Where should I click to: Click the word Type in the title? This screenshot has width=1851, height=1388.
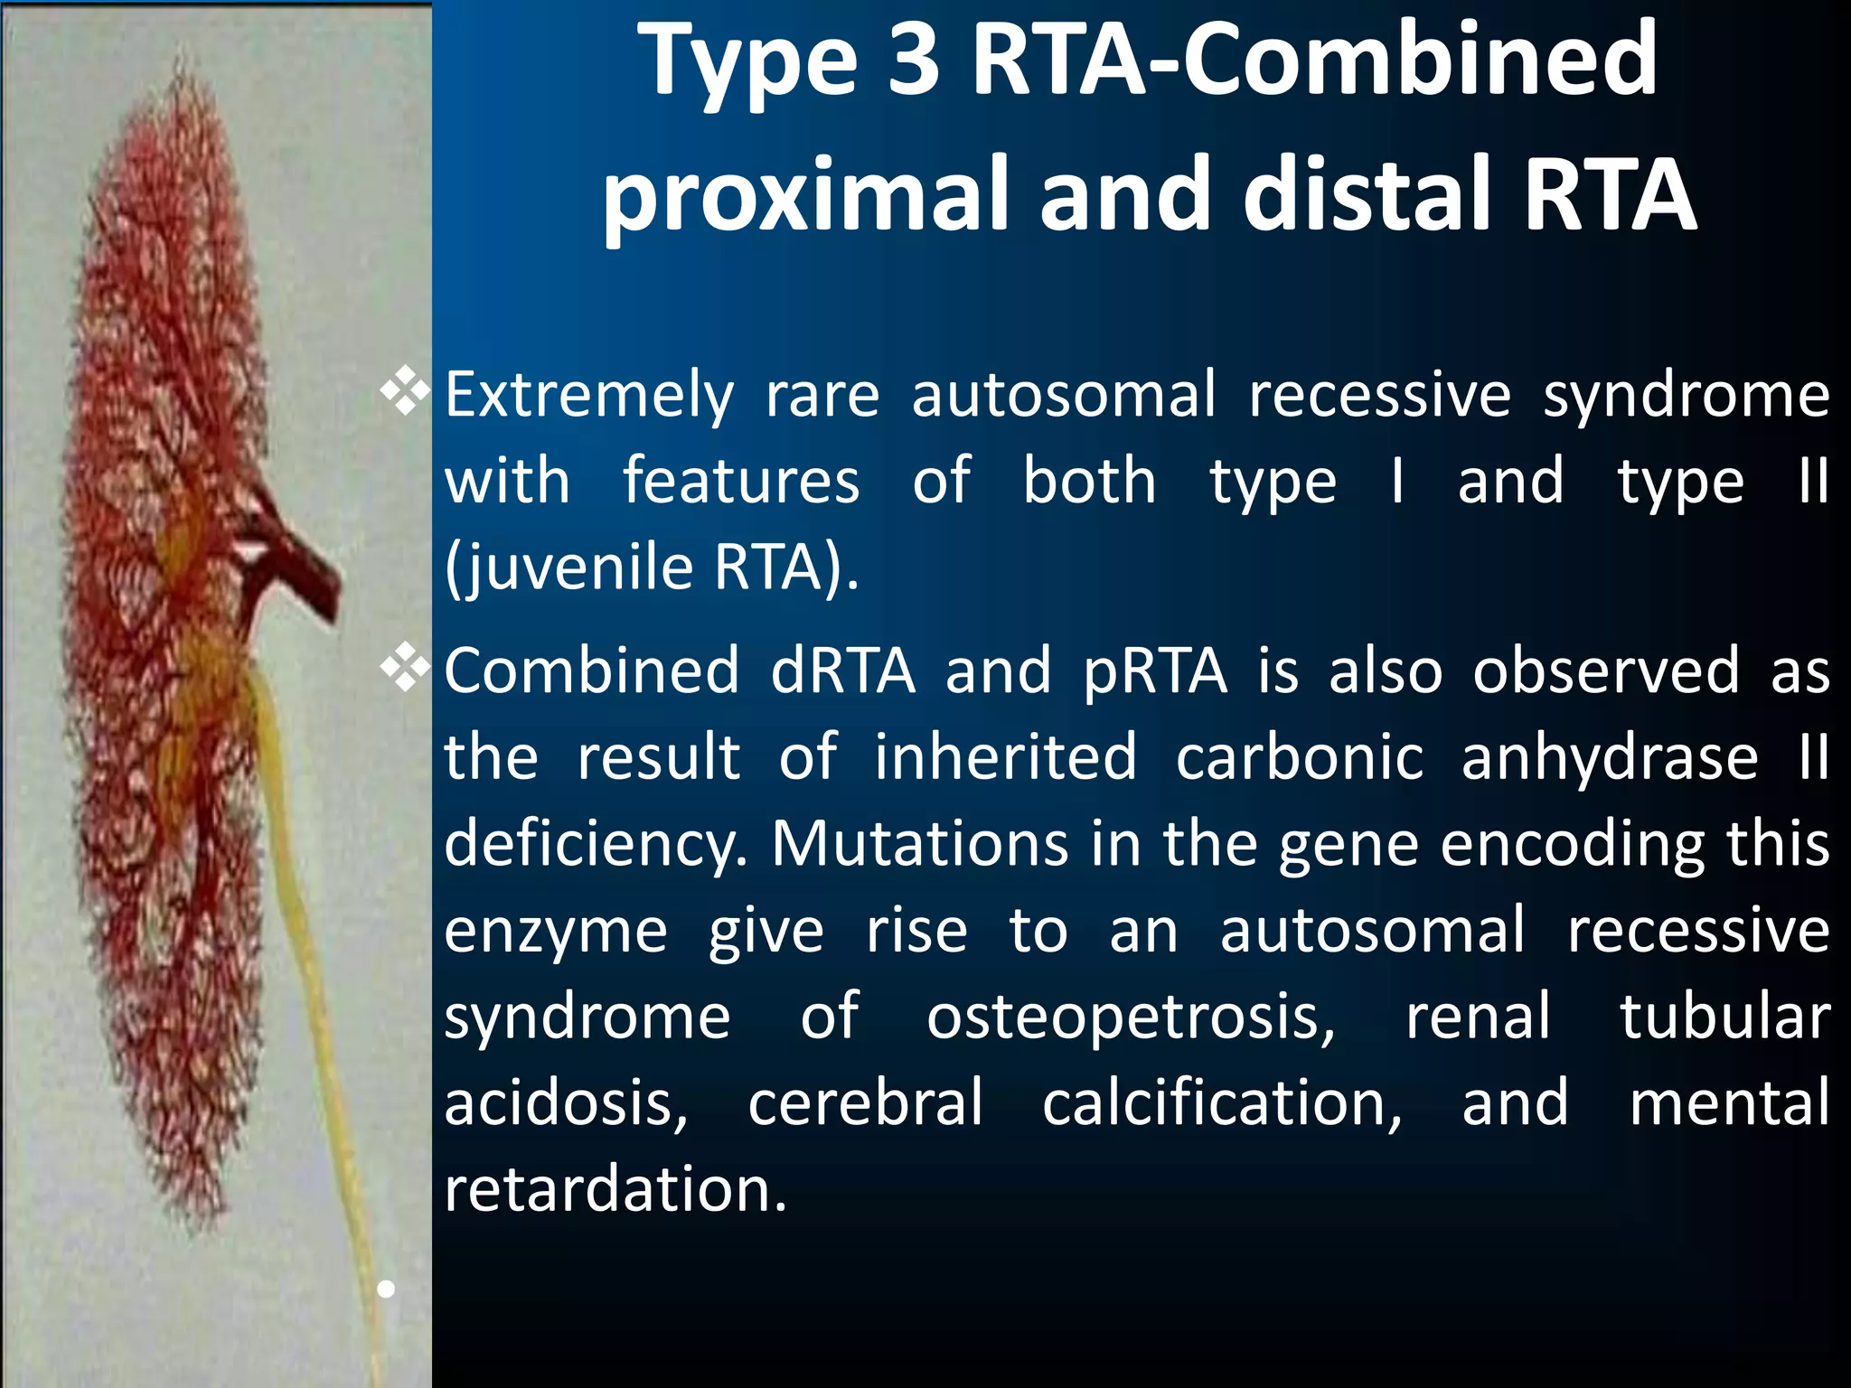pos(746,61)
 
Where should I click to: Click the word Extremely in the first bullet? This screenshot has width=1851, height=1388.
pos(589,396)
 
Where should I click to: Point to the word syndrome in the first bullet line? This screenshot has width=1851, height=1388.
pos(1686,396)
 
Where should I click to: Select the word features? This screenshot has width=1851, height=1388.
pos(741,481)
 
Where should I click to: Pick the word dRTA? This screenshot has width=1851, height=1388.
pos(842,671)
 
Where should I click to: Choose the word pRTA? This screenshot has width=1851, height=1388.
pos(1155,671)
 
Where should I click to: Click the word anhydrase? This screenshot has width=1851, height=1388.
pos(1610,757)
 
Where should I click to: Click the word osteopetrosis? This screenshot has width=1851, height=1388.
pos(1130,1017)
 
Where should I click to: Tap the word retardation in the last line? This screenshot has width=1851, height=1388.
pos(615,1188)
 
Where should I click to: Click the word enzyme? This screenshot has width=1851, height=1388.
pos(555,931)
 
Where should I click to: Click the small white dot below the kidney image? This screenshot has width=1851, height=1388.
pos(386,1289)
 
